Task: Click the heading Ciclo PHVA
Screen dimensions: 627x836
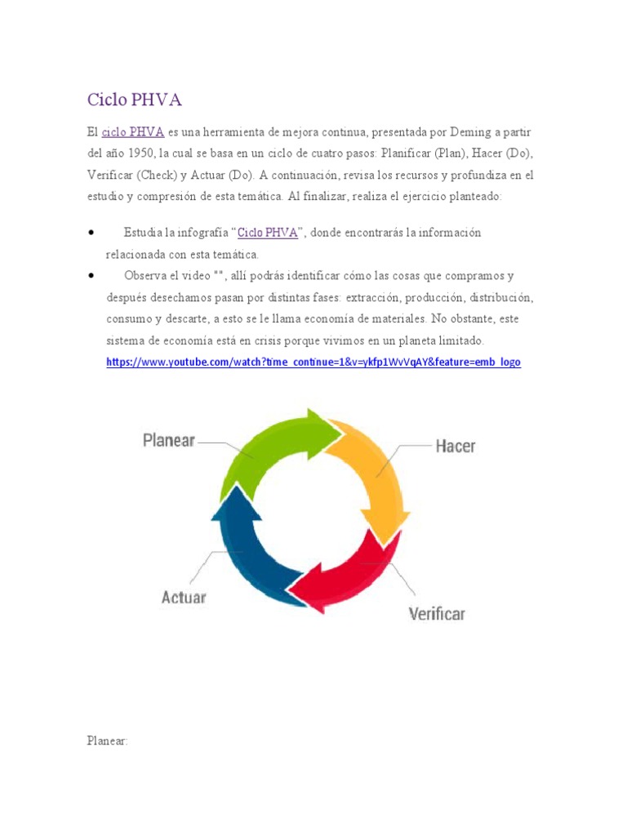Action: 135,100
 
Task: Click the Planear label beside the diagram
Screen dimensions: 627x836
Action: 169,440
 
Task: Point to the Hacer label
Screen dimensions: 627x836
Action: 456,446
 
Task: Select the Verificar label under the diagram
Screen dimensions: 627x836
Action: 437,612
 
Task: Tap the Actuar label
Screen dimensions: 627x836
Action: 184,597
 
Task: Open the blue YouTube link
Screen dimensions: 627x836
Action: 313,361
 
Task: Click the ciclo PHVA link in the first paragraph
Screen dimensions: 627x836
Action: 133,131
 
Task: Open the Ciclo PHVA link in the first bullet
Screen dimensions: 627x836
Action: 267,233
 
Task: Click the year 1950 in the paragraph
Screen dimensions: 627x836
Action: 144,153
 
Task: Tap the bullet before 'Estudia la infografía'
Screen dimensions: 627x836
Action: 91,233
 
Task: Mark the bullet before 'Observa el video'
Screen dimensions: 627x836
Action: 91,276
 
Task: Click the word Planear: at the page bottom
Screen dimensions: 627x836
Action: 108,741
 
